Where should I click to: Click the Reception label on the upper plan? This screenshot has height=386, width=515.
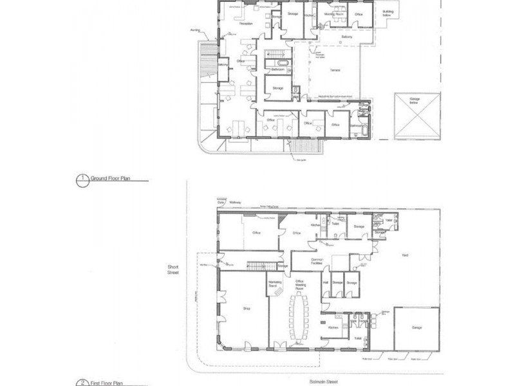tap(245, 24)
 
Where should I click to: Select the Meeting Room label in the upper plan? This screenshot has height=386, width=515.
tap(333, 14)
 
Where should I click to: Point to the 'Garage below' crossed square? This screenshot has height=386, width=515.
tap(417, 116)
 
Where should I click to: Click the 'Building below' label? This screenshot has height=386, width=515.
tap(388, 13)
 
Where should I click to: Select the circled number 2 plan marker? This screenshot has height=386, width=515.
tap(82, 383)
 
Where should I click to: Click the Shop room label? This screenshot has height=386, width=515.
tap(246, 309)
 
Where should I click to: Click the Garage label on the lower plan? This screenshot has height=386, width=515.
tap(417, 327)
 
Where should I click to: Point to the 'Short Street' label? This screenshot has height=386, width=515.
tap(173, 270)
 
